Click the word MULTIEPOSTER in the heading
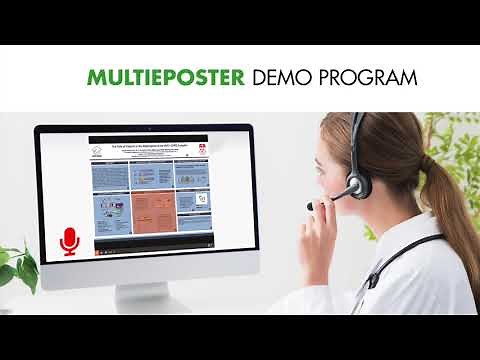pyautogui.click(x=165, y=78)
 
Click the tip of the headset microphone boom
pyautogui.click(x=311, y=205)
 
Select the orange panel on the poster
pyautogui.click(x=154, y=211)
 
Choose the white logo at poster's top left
pyautogui.click(x=98, y=147)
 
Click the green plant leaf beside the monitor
pyautogui.click(x=20, y=265)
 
